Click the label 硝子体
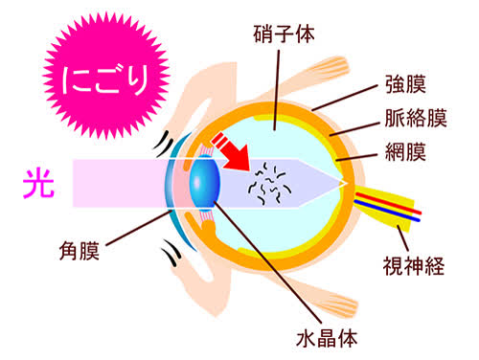point(284,34)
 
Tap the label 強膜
point(405,84)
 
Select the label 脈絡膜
point(416,118)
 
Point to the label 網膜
point(405,151)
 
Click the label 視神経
point(414,266)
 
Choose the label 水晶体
point(327,338)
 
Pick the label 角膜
point(80,251)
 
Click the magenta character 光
point(38,184)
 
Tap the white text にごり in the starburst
point(105,80)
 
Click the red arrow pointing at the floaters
point(232,152)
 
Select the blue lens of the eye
point(204,184)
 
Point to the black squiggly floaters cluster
point(270,183)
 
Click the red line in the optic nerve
point(389,203)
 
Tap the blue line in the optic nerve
point(387,211)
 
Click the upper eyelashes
point(164,144)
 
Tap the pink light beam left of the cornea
point(120,183)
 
